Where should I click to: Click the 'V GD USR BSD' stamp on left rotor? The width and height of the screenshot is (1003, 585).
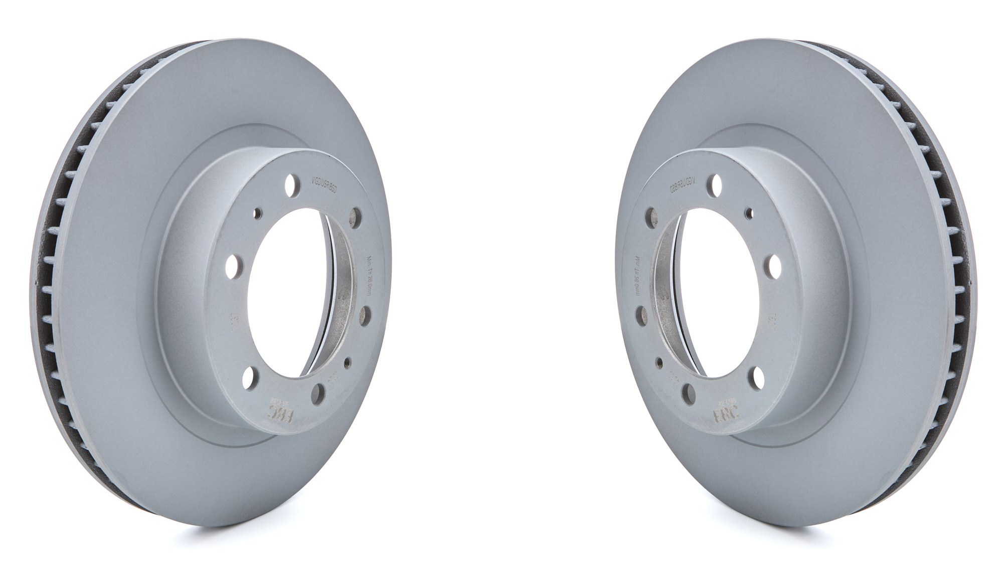coord(325,189)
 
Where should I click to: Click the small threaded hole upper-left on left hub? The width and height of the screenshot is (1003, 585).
coord(257,213)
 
